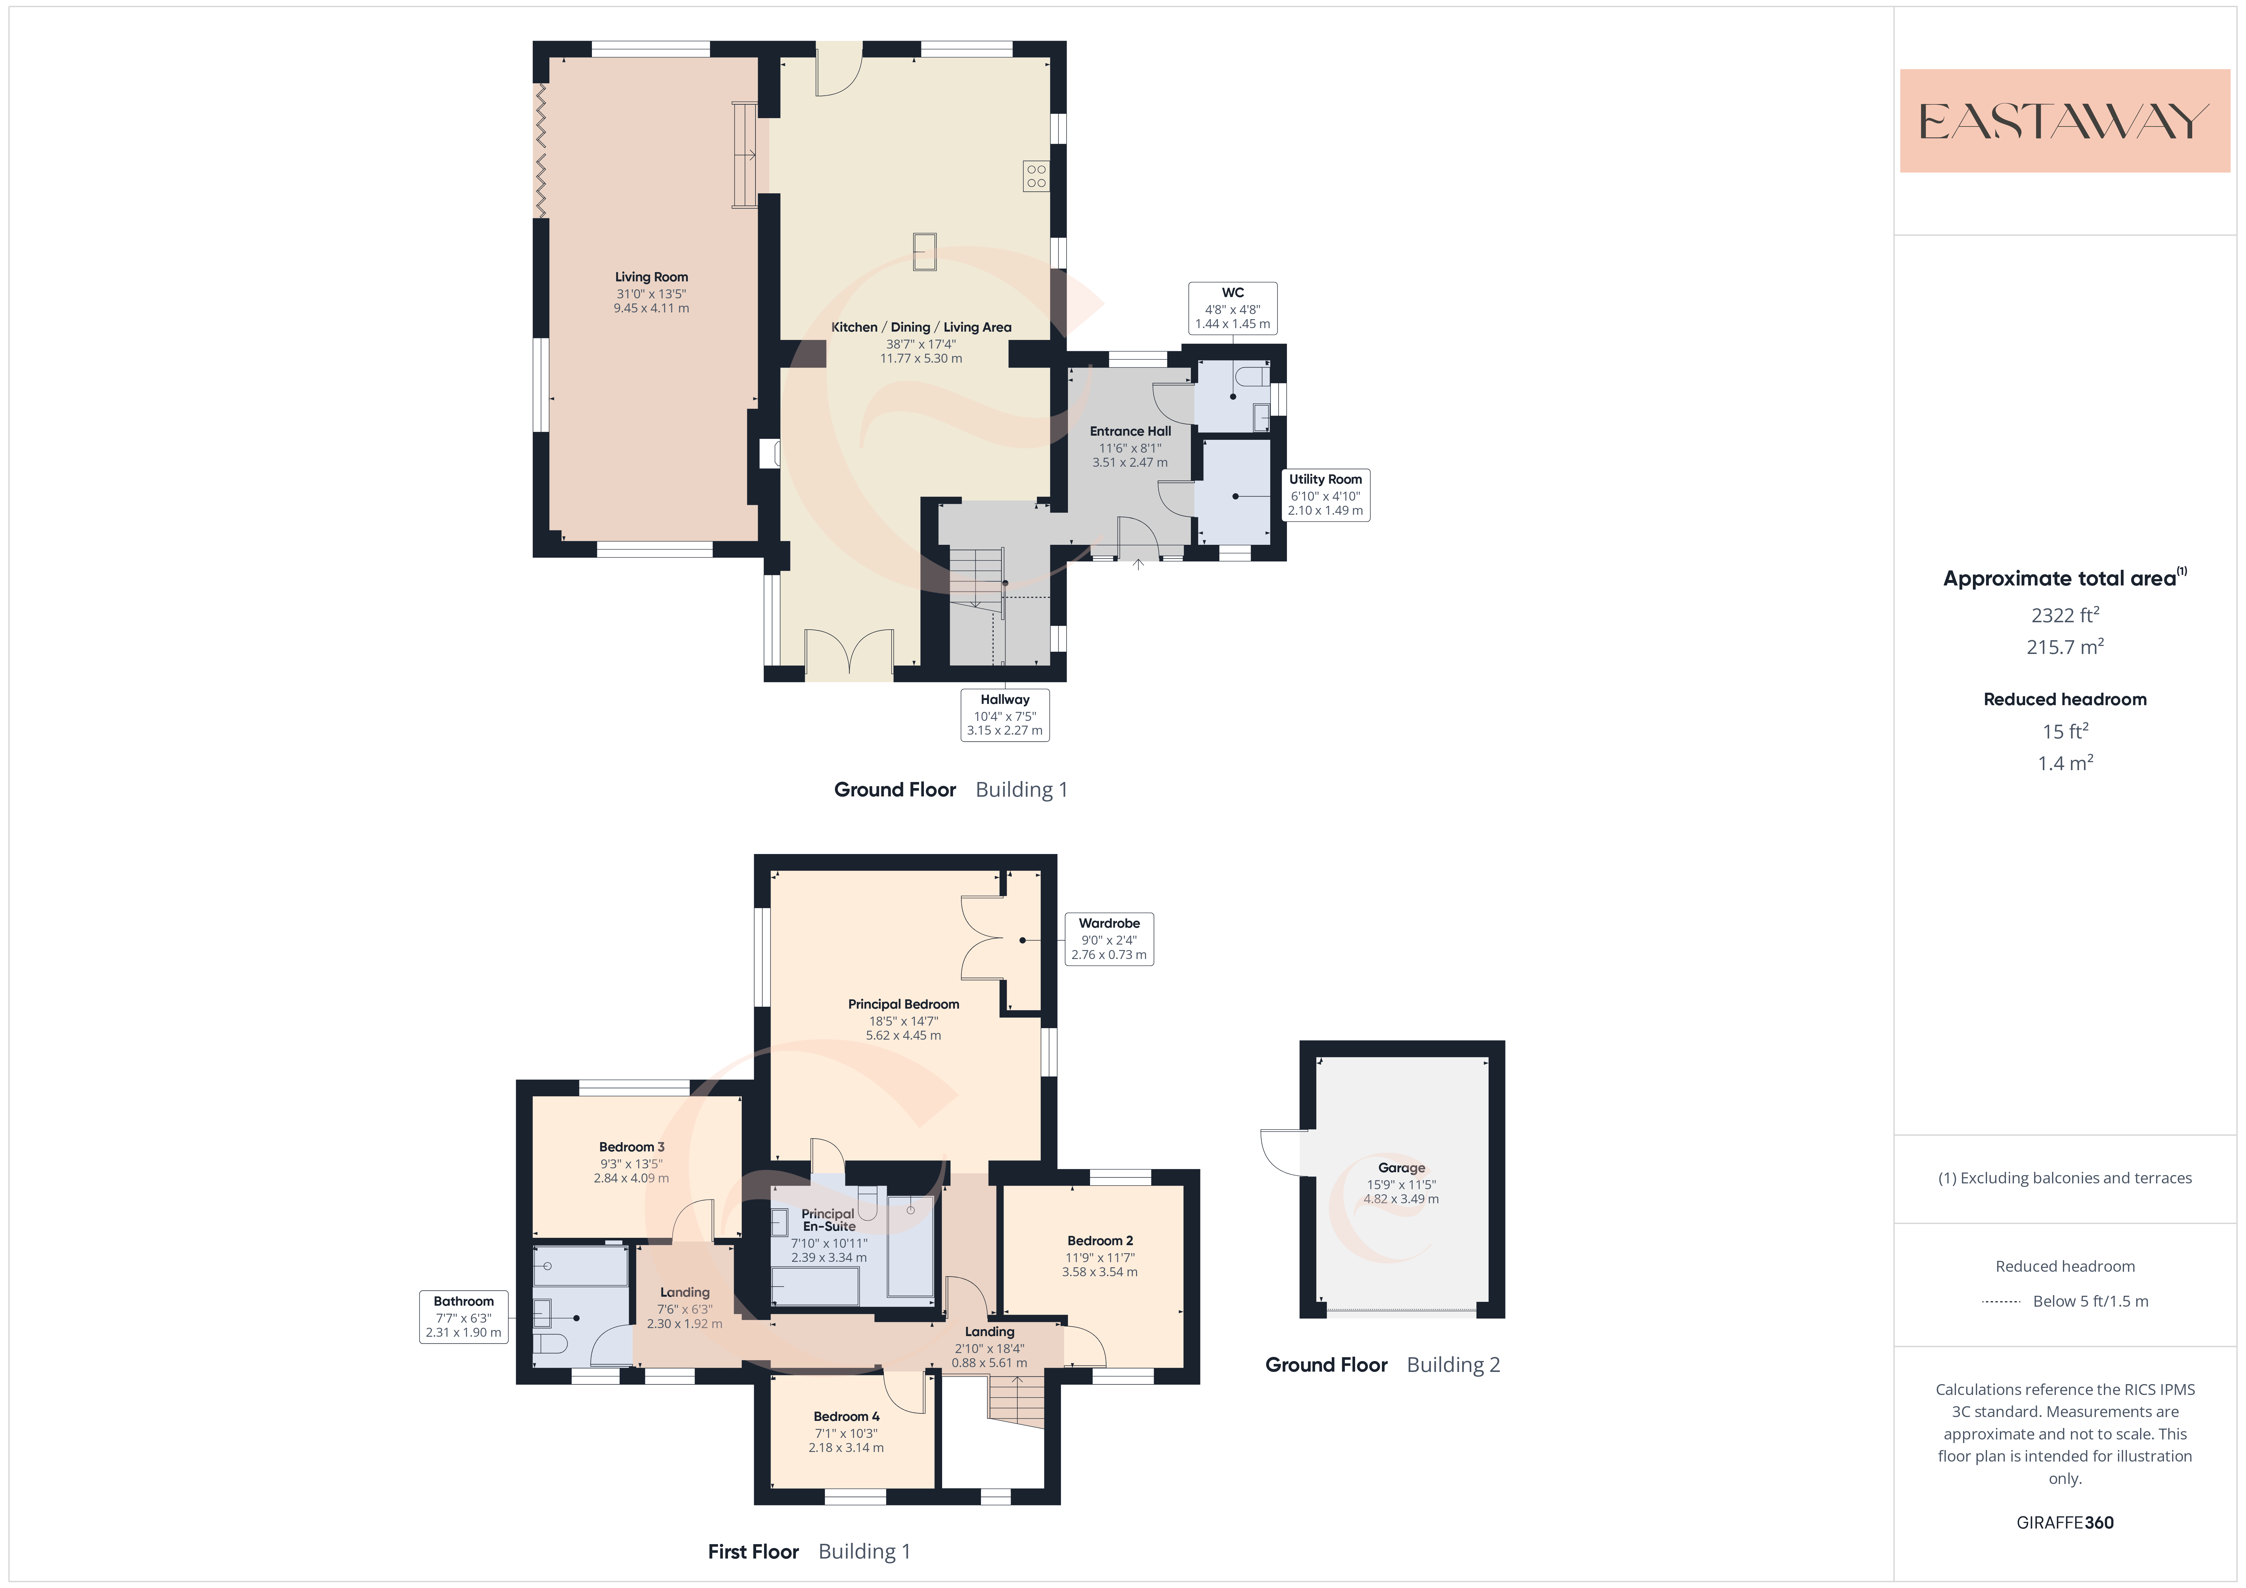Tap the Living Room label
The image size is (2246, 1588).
651,277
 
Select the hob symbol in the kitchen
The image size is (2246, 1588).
1036,176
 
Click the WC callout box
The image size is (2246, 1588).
1232,308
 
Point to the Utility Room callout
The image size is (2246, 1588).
1326,495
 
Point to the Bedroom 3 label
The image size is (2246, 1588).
632,1147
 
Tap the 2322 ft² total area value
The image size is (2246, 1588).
2065,615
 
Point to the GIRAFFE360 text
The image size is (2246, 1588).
2065,1522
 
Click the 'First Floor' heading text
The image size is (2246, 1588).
753,1552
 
